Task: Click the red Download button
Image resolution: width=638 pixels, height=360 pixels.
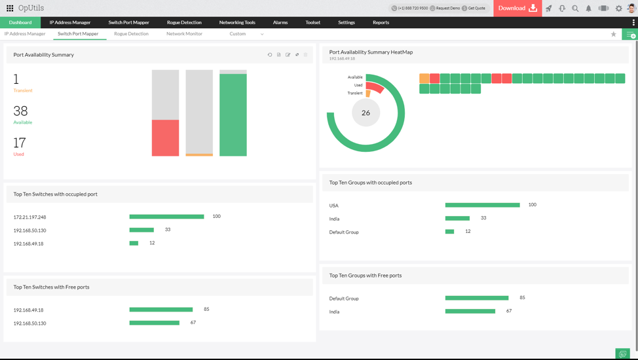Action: coord(517,9)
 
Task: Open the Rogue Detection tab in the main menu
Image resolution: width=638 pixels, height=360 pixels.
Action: coord(184,22)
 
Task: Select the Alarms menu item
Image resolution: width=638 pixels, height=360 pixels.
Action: coord(280,22)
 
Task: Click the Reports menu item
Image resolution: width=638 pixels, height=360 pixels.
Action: coord(381,22)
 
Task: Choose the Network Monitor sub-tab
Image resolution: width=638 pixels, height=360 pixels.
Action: coord(184,33)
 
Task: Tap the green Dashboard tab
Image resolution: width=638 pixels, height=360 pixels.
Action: coord(20,22)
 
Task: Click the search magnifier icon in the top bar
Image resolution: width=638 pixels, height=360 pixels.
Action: coord(575,9)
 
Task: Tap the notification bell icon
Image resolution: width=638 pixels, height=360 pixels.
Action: coord(588,9)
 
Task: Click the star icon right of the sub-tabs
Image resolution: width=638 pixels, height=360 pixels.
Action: coord(614,34)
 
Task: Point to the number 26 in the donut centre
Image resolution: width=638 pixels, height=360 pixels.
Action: coord(366,113)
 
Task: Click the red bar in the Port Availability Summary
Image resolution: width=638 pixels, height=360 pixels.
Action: coord(165,137)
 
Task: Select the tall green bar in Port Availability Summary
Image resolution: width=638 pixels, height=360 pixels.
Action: coord(233,115)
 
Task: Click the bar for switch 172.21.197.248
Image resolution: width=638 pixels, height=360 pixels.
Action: coord(166,217)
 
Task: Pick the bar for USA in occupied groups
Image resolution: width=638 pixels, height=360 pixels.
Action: coord(482,205)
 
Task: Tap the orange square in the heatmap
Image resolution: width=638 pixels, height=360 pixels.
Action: coord(424,79)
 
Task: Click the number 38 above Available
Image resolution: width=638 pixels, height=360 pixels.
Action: coord(20,111)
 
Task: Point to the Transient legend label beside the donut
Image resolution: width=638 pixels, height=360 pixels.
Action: coord(354,93)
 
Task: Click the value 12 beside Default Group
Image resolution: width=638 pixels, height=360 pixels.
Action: coord(468,231)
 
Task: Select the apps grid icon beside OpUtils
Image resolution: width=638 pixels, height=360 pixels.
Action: coord(10,9)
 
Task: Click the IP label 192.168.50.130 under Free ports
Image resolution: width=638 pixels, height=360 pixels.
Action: coord(29,323)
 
